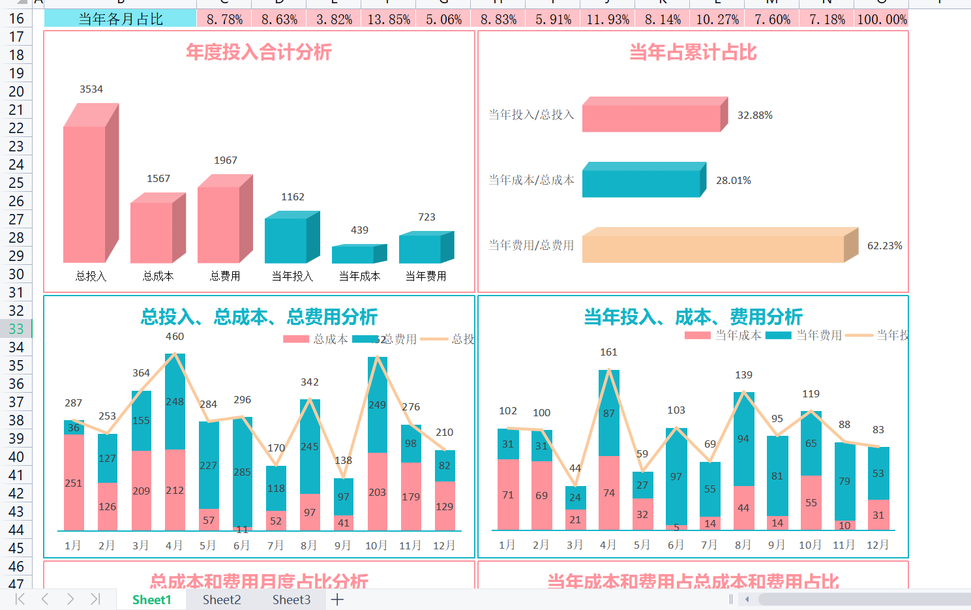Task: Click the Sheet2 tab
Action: click(x=222, y=600)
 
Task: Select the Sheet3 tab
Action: click(x=291, y=600)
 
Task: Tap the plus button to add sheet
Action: click(x=337, y=600)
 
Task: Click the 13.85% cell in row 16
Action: click(x=389, y=20)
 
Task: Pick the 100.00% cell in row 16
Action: click(x=882, y=20)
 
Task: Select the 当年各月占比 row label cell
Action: click(x=121, y=20)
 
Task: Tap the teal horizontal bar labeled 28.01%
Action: click(x=642, y=183)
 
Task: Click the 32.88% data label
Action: click(x=754, y=115)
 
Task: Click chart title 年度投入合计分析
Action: click(x=259, y=52)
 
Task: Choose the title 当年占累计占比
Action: click(x=693, y=52)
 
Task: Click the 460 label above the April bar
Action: click(x=175, y=337)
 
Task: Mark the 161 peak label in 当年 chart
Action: click(x=608, y=352)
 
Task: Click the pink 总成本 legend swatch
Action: click(x=296, y=339)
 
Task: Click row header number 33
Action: click(x=16, y=329)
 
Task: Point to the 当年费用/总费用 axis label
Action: click(x=531, y=245)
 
